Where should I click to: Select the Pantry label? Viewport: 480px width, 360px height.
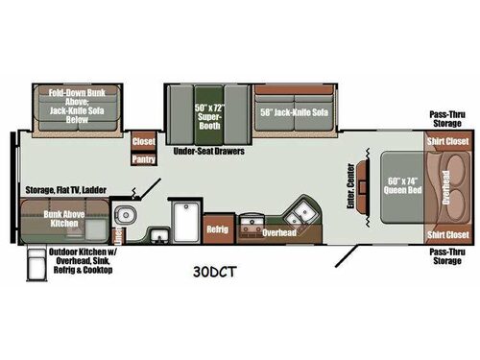pyautogui.click(x=144, y=160)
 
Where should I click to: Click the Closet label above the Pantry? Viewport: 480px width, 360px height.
pyautogui.click(x=143, y=141)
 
